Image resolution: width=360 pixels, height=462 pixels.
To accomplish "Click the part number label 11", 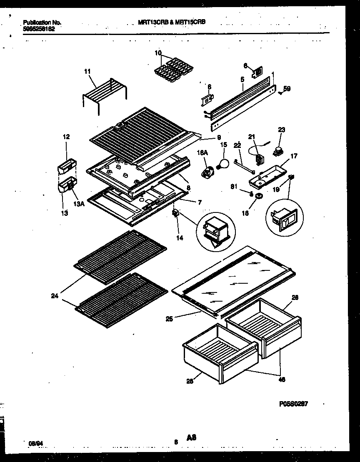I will click(87, 72).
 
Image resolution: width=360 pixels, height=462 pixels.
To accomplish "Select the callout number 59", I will click(287, 88).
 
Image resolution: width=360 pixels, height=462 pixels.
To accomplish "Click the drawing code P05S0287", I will click(293, 404).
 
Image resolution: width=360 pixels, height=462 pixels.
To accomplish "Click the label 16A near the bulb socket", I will click(202, 153).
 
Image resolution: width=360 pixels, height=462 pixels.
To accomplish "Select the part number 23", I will click(281, 130).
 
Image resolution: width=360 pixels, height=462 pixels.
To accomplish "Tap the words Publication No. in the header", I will click(36, 22).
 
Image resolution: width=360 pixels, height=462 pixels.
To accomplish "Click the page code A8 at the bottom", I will click(191, 437).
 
